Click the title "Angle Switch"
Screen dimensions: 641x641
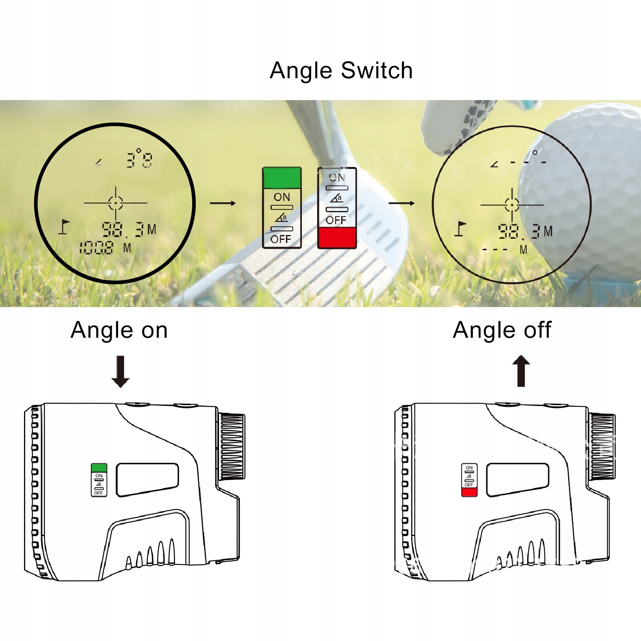click(341, 71)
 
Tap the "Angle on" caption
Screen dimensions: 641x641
click(119, 330)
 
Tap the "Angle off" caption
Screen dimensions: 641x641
click(502, 330)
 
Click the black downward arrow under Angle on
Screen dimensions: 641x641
click(121, 372)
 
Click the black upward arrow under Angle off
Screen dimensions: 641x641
click(521, 371)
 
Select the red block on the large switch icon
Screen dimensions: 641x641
click(337, 238)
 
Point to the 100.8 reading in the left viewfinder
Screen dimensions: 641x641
click(96, 248)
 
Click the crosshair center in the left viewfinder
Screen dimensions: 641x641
click(116, 203)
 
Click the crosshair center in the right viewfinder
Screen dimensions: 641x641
click(512, 205)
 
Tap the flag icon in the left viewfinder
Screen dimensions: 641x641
click(64, 227)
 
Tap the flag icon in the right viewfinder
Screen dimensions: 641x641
click(460, 229)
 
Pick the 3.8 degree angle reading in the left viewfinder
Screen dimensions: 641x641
click(139, 159)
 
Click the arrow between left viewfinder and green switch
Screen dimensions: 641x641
click(223, 203)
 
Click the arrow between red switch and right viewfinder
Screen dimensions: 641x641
click(402, 203)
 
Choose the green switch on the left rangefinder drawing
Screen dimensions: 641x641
click(99, 468)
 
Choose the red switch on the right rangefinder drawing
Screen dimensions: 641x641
click(469, 492)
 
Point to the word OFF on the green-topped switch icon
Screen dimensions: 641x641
click(281, 239)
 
